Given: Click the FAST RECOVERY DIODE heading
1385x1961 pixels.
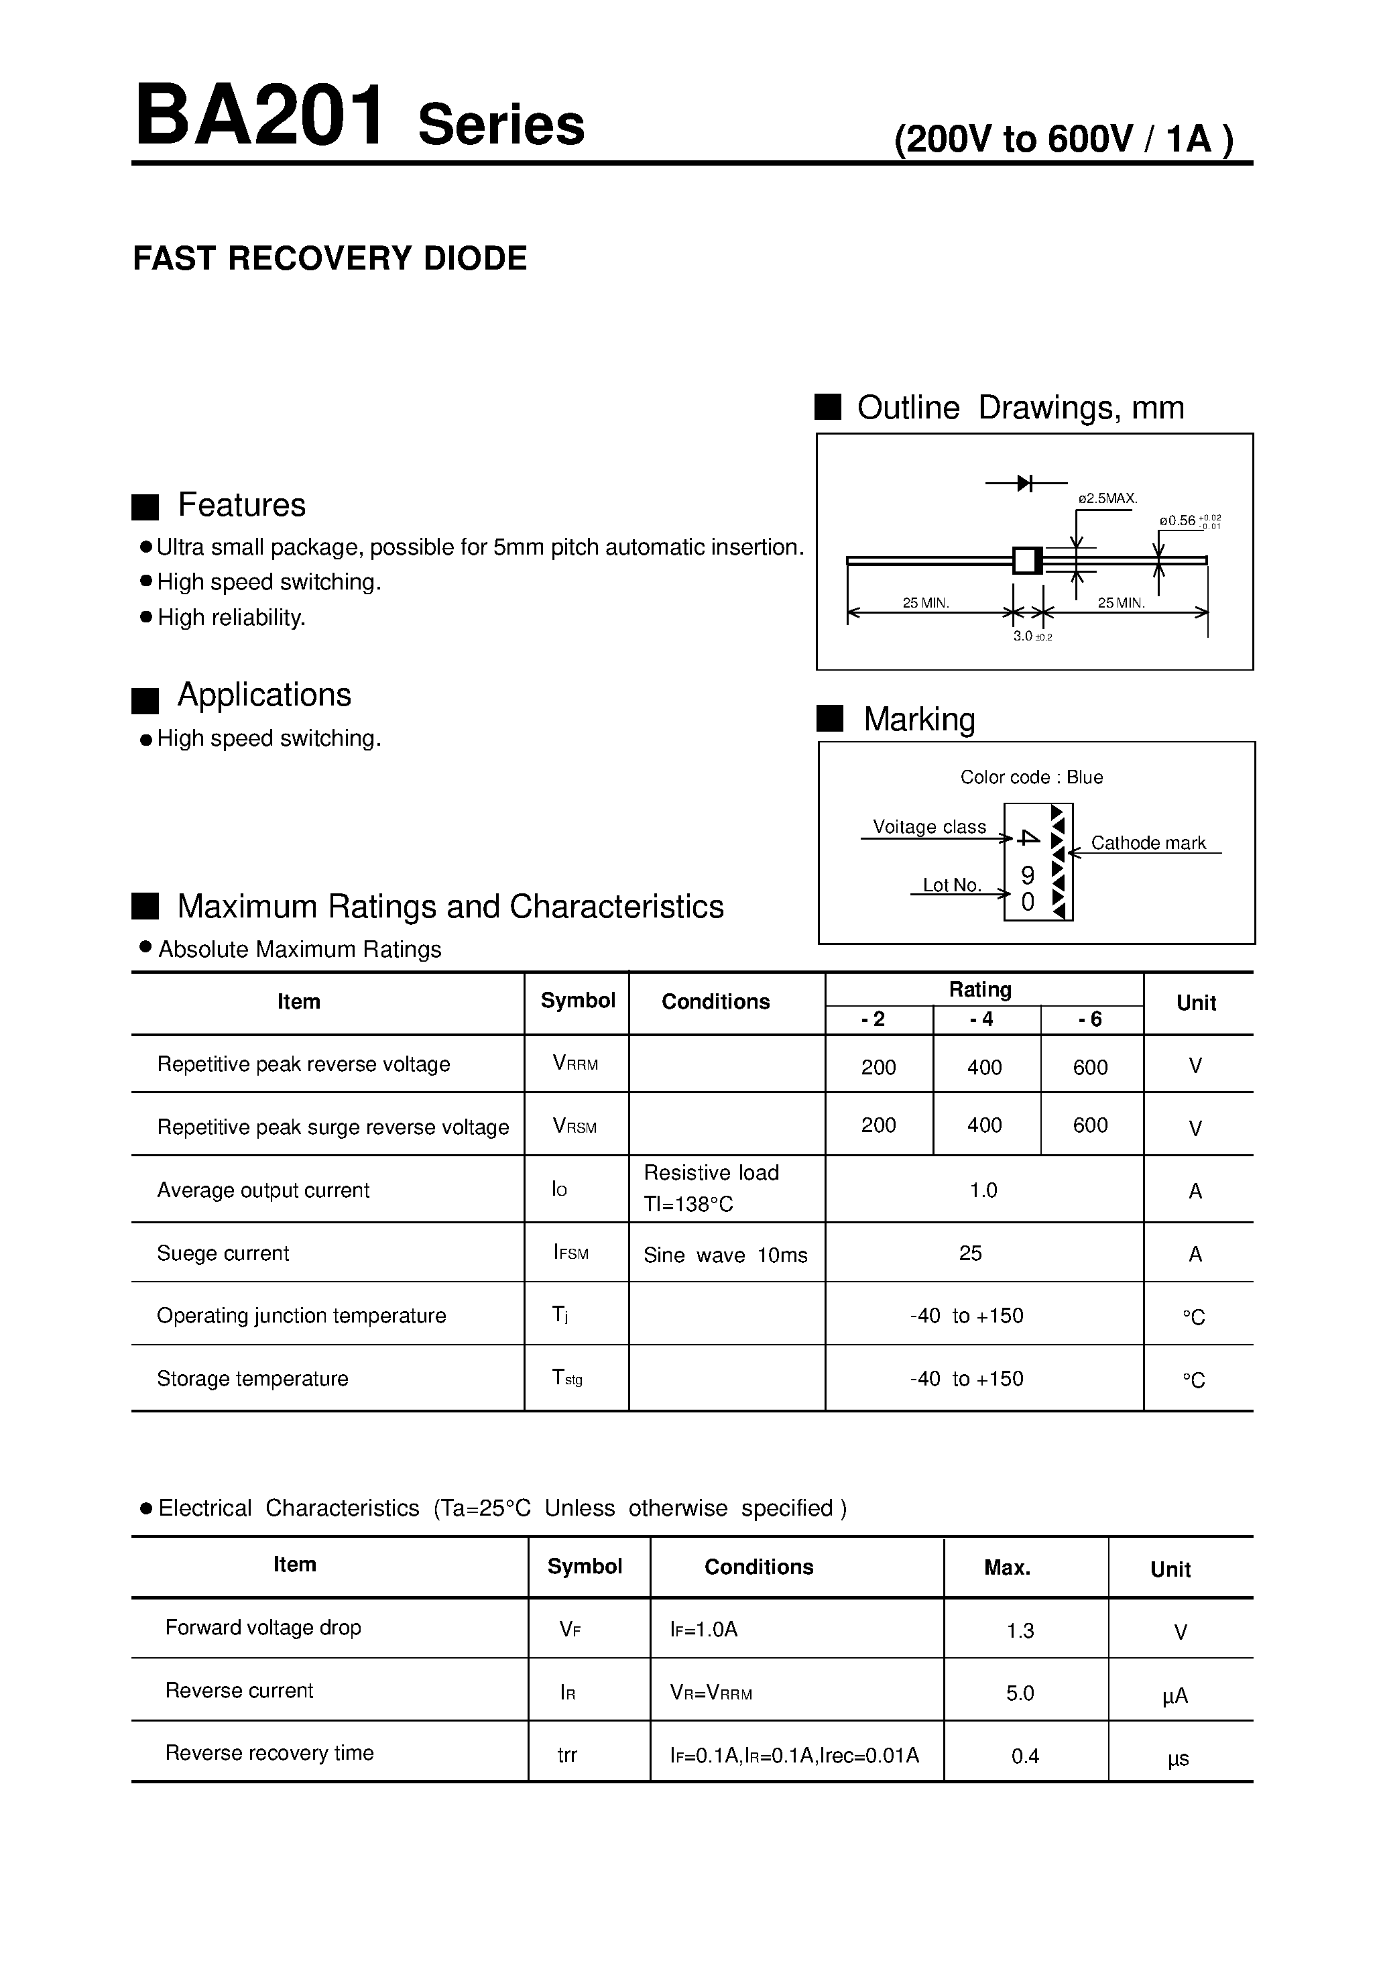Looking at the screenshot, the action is click(330, 258).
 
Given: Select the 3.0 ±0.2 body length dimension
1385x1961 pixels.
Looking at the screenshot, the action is click(1032, 636).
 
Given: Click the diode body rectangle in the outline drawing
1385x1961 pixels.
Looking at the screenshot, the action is click(1027, 560).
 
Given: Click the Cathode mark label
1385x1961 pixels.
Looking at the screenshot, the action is click(1148, 843).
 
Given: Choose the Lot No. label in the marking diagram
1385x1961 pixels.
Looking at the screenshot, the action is click(952, 885).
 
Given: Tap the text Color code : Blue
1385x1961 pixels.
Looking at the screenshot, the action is click(1032, 777).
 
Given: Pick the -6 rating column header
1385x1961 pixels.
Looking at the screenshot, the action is click(1091, 1019).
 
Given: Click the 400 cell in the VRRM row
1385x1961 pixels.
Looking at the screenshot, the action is click(985, 1067).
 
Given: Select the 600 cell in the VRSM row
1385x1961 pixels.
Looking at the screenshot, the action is click(1091, 1125).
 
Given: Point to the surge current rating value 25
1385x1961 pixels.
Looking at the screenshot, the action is click(971, 1253).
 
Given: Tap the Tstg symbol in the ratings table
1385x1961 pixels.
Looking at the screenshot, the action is click(568, 1377).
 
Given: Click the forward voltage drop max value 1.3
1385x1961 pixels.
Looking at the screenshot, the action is click(1020, 1630).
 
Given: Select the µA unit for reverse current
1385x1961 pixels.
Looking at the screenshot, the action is click(1175, 1695).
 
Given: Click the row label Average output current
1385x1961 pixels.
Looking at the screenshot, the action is click(263, 1190).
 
